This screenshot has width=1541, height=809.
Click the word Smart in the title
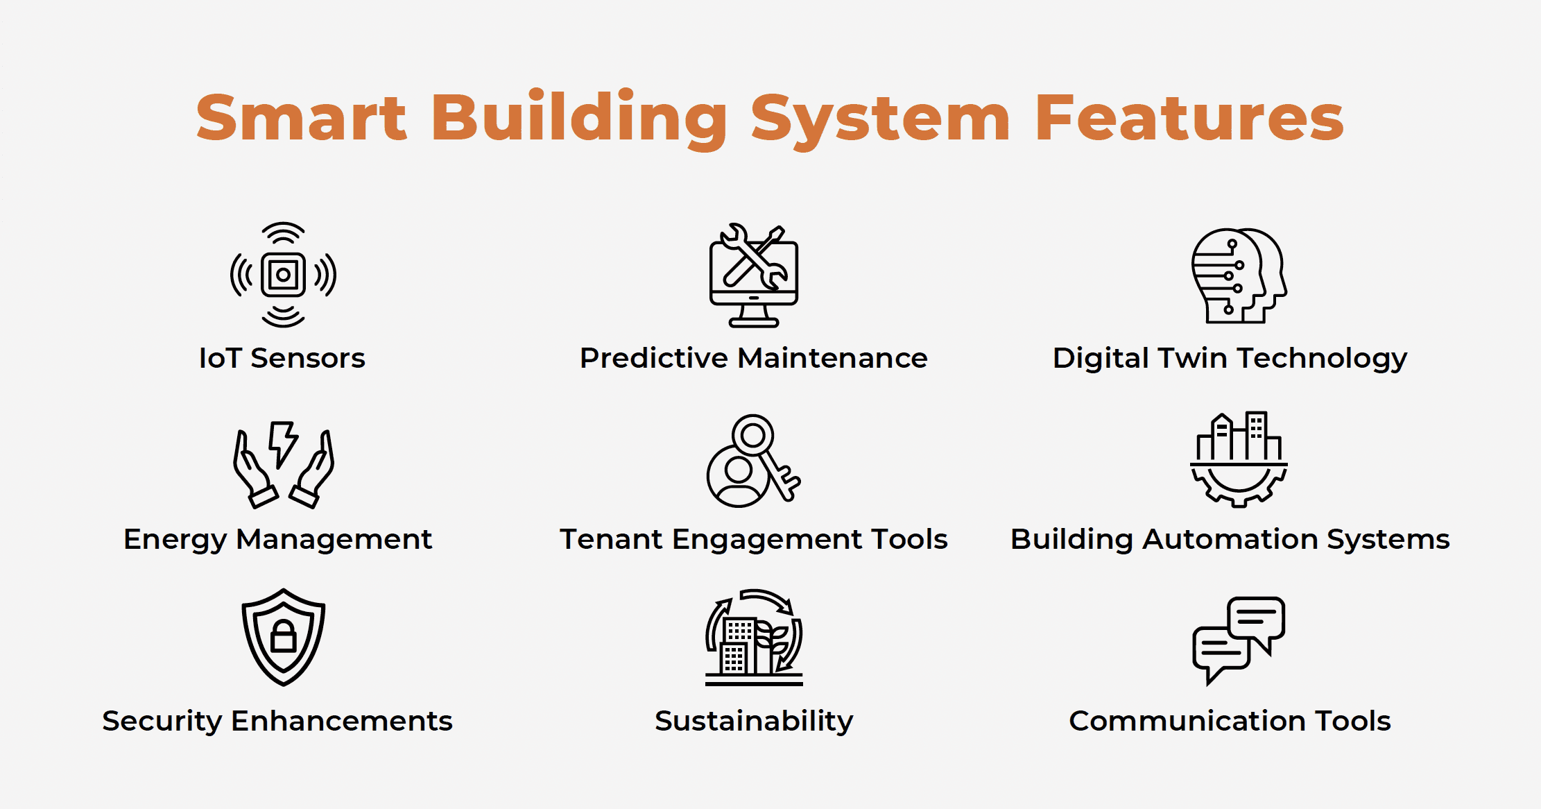[x=302, y=118]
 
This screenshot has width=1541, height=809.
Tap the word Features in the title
[x=1189, y=118]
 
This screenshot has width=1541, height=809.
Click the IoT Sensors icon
[x=283, y=275]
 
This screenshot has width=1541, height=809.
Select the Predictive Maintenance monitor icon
[x=754, y=275]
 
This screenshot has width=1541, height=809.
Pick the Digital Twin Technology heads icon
[x=1239, y=275]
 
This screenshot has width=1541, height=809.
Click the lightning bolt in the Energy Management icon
[x=283, y=443]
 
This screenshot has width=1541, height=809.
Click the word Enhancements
[x=342, y=721]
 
